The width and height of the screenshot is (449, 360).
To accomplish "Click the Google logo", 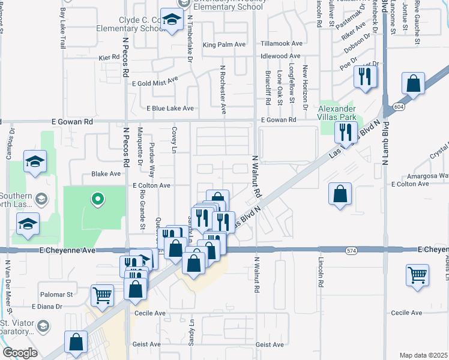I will (x=20, y=353).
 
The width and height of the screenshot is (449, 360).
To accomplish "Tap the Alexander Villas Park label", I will (x=337, y=113).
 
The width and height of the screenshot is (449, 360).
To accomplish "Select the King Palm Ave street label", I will (x=224, y=44).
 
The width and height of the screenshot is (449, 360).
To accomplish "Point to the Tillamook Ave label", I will (x=282, y=44).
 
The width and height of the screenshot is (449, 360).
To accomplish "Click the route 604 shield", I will (x=399, y=106).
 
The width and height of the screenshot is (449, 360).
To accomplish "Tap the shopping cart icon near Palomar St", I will (x=103, y=295).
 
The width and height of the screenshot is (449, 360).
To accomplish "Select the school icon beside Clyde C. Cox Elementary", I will (x=172, y=22).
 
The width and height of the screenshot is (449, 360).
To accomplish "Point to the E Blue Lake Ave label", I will (x=170, y=109).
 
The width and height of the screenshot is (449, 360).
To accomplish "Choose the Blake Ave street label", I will (x=106, y=173).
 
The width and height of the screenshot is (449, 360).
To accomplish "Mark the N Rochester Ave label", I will (x=223, y=90).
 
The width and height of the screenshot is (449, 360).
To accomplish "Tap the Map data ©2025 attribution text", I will (x=424, y=355).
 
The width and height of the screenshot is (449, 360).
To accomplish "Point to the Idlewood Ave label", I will (x=280, y=56).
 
